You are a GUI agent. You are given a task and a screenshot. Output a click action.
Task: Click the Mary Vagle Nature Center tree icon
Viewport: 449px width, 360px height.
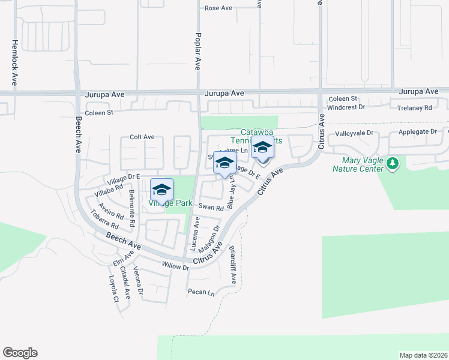click(x=393, y=163)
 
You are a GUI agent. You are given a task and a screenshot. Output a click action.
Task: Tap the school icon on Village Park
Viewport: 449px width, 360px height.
click(x=161, y=190)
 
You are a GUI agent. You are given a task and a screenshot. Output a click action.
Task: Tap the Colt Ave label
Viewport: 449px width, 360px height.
click(x=142, y=137)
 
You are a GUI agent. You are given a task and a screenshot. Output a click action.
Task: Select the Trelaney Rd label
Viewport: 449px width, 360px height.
click(x=415, y=108)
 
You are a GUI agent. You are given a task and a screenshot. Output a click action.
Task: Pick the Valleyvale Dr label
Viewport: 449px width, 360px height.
click(x=354, y=133)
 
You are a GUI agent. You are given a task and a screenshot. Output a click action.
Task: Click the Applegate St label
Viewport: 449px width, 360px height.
click(x=417, y=133)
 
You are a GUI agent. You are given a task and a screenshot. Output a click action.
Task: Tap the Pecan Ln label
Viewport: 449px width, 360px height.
click(x=200, y=292)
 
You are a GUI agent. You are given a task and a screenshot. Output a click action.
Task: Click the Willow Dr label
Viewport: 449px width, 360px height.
click(x=175, y=265)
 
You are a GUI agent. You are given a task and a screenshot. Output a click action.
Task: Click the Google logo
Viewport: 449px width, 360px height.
click(x=20, y=353)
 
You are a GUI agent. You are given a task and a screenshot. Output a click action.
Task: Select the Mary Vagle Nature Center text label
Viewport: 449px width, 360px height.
click(x=358, y=164)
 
